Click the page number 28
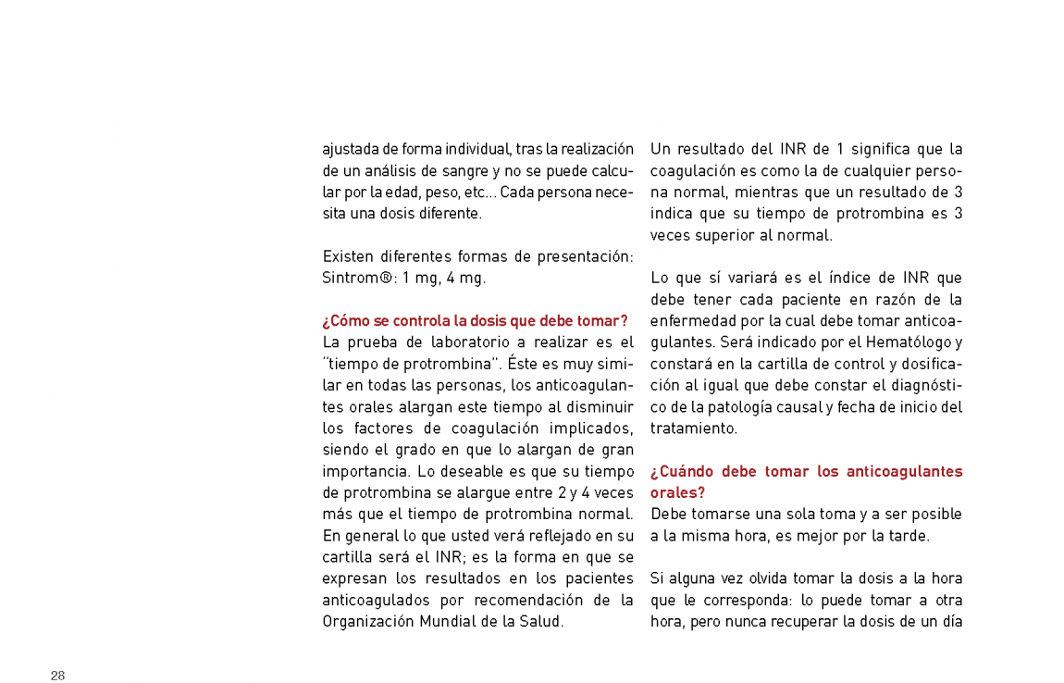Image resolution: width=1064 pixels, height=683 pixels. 57,676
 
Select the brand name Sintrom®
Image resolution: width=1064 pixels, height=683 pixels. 350,278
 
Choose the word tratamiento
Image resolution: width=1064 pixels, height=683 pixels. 680,428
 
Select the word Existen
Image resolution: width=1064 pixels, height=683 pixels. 347,256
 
